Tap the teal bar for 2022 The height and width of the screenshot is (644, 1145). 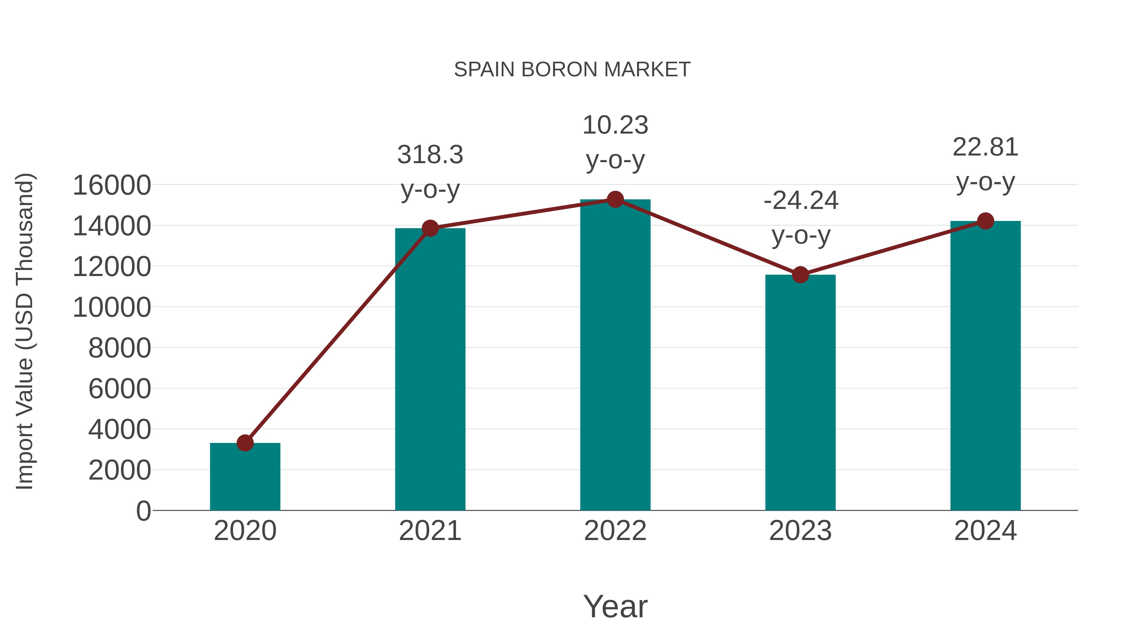[615, 356]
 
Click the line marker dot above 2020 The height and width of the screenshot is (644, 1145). [245, 443]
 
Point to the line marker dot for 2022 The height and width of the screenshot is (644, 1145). [615, 199]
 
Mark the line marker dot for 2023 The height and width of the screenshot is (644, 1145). [800, 275]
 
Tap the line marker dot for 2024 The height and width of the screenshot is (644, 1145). [985, 221]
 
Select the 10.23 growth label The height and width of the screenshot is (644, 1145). [615, 125]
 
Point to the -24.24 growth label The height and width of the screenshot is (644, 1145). [801, 201]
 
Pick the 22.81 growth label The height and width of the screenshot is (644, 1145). [985, 148]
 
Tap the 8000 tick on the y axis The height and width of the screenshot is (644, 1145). [120, 348]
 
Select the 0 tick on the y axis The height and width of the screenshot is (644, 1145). [143, 511]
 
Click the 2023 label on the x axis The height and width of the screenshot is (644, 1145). [800, 531]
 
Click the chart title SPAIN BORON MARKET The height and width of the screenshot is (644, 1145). [572, 70]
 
